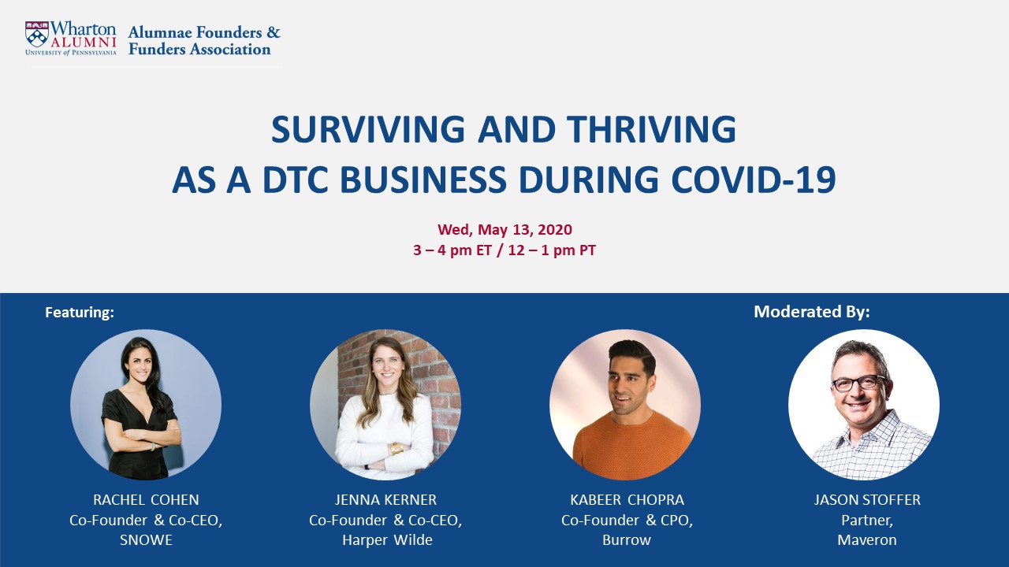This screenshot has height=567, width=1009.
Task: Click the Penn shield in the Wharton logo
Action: pyautogui.click(x=36, y=34)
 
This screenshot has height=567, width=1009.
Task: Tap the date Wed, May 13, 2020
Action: pyautogui.click(x=504, y=230)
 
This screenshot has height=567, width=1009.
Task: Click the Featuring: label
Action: pyautogui.click(x=80, y=313)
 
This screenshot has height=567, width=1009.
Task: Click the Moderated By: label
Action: pyautogui.click(x=811, y=312)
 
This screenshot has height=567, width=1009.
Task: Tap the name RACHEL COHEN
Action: pyautogui.click(x=146, y=500)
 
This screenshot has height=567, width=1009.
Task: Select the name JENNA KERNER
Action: pyautogui.click(x=385, y=500)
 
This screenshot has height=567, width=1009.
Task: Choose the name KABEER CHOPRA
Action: pyautogui.click(x=627, y=500)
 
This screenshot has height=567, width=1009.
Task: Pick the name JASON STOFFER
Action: pyautogui.click(x=867, y=500)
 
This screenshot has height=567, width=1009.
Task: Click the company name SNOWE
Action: pyautogui.click(x=146, y=540)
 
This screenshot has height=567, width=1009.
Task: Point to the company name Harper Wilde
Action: pyautogui.click(x=385, y=540)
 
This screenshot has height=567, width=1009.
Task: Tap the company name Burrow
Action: pyautogui.click(x=627, y=540)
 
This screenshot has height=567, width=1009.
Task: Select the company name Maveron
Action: pyautogui.click(x=867, y=540)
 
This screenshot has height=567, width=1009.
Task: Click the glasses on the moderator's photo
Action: pyautogui.click(x=859, y=384)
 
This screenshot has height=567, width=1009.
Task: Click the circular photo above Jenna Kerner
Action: pyautogui.click(x=385, y=405)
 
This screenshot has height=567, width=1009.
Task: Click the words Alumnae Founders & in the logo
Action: pyautogui.click(x=204, y=33)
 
